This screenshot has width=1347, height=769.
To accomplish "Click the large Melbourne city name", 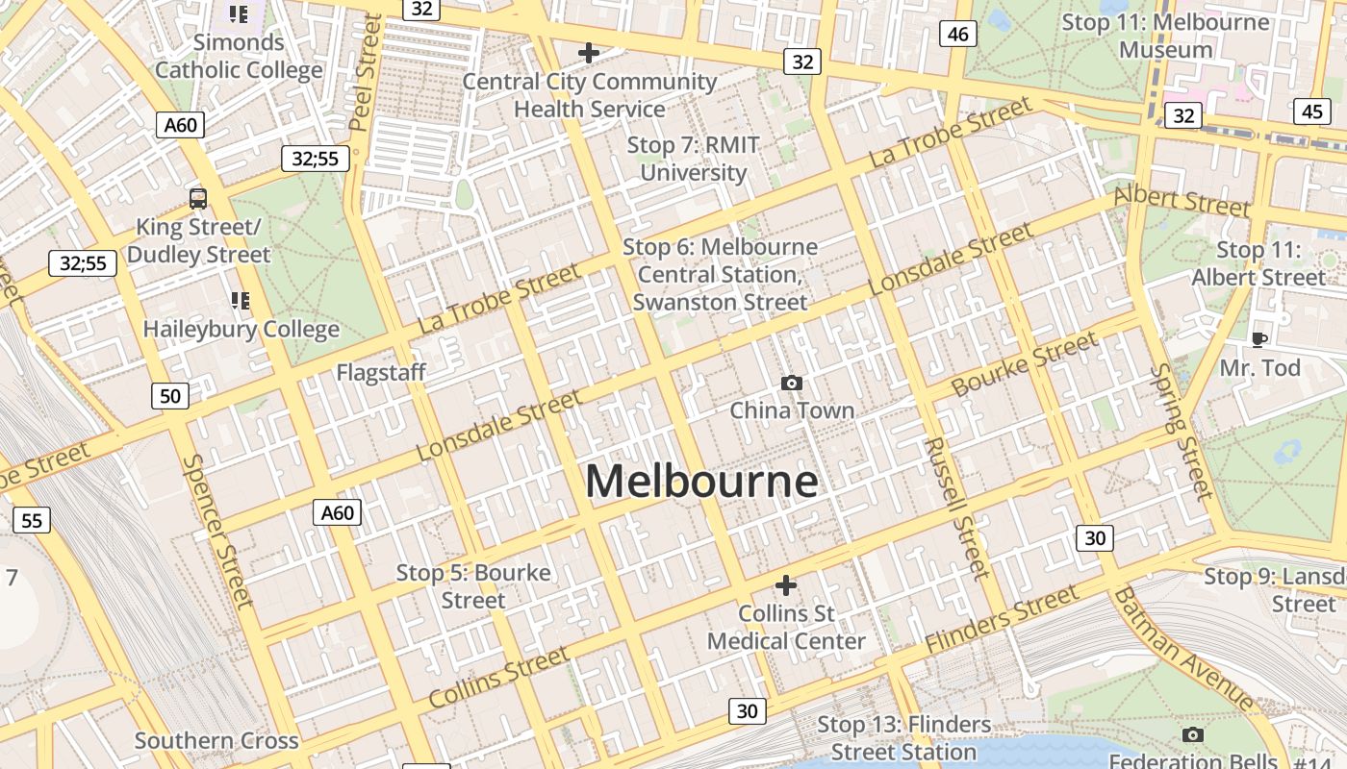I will click(x=701, y=481).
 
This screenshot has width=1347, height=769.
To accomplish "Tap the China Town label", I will click(x=792, y=410).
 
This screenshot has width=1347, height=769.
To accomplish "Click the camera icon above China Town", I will click(x=792, y=384).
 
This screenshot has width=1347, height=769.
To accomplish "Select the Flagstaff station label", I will click(x=381, y=372).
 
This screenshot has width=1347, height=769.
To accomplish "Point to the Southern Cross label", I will click(x=216, y=740).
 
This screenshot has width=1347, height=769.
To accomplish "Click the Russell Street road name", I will click(x=956, y=508).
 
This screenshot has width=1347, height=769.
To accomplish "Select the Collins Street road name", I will click(x=498, y=677).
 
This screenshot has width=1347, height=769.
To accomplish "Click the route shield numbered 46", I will click(x=957, y=35).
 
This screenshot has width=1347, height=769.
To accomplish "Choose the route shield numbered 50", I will click(x=170, y=395).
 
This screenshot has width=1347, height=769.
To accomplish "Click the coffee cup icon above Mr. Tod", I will click(x=1258, y=339).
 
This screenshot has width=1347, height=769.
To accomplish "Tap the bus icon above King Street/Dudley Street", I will click(x=198, y=199).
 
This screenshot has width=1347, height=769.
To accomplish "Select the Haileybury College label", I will click(x=241, y=329).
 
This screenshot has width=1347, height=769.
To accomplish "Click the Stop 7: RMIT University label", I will click(x=694, y=159).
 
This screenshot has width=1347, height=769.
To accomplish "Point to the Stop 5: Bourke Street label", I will click(x=473, y=586).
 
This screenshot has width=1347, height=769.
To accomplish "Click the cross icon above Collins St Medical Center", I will click(x=786, y=585).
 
